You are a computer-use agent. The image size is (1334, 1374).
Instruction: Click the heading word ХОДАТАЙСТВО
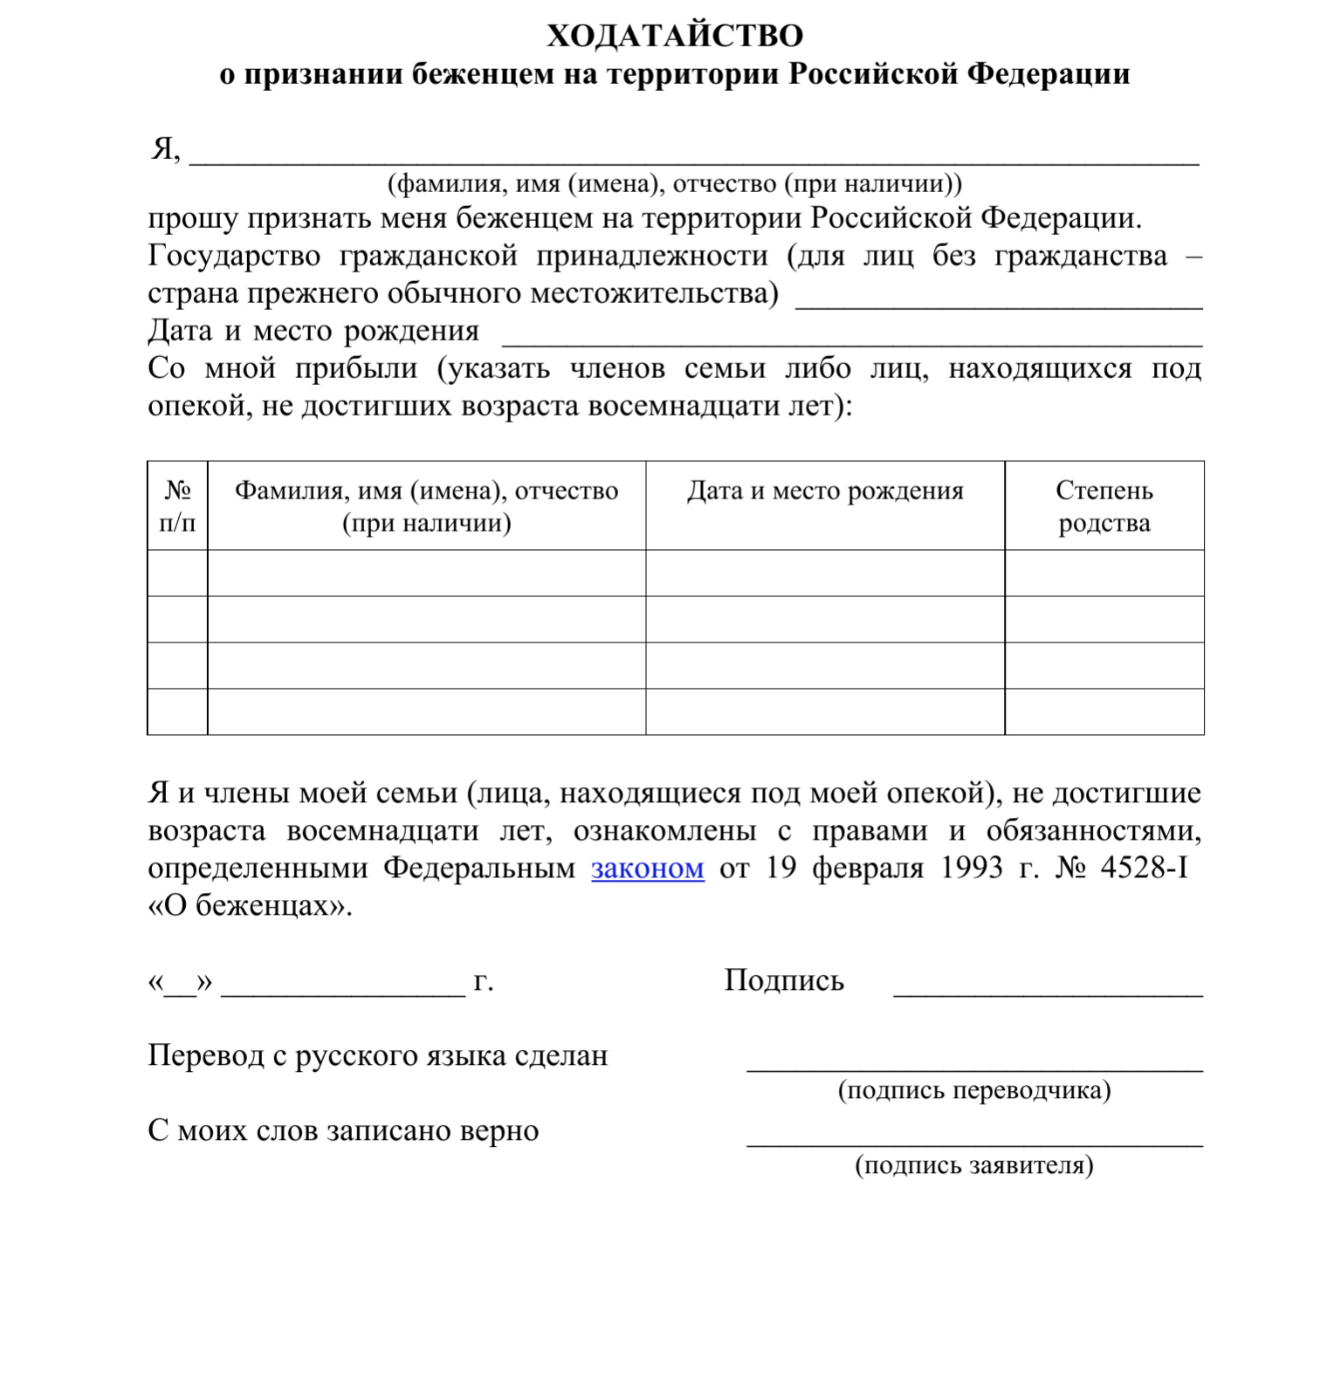point(675,36)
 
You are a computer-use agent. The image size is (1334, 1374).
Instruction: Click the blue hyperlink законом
point(647,869)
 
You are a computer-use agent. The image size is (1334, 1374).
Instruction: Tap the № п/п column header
point(177,506)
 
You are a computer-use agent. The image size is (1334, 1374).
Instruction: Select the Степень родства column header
point(1104,506)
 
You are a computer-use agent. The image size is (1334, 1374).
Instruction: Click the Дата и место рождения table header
point(825,491)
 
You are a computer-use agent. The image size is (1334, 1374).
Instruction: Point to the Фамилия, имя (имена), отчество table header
point(426,506)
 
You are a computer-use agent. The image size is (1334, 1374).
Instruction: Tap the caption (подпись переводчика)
point(974,1090)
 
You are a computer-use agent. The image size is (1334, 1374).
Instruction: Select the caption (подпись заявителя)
point(974,1165)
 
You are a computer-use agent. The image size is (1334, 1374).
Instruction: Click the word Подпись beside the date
point(784,980)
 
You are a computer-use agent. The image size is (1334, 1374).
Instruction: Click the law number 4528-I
point(1144,869)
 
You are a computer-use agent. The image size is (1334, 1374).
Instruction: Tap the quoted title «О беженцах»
point(250,905)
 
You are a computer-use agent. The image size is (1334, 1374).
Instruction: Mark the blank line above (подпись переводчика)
point(974,1068)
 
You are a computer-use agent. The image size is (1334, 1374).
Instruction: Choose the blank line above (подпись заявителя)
point(974,1143)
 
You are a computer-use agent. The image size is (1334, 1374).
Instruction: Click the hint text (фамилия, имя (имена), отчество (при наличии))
point(674,184)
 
